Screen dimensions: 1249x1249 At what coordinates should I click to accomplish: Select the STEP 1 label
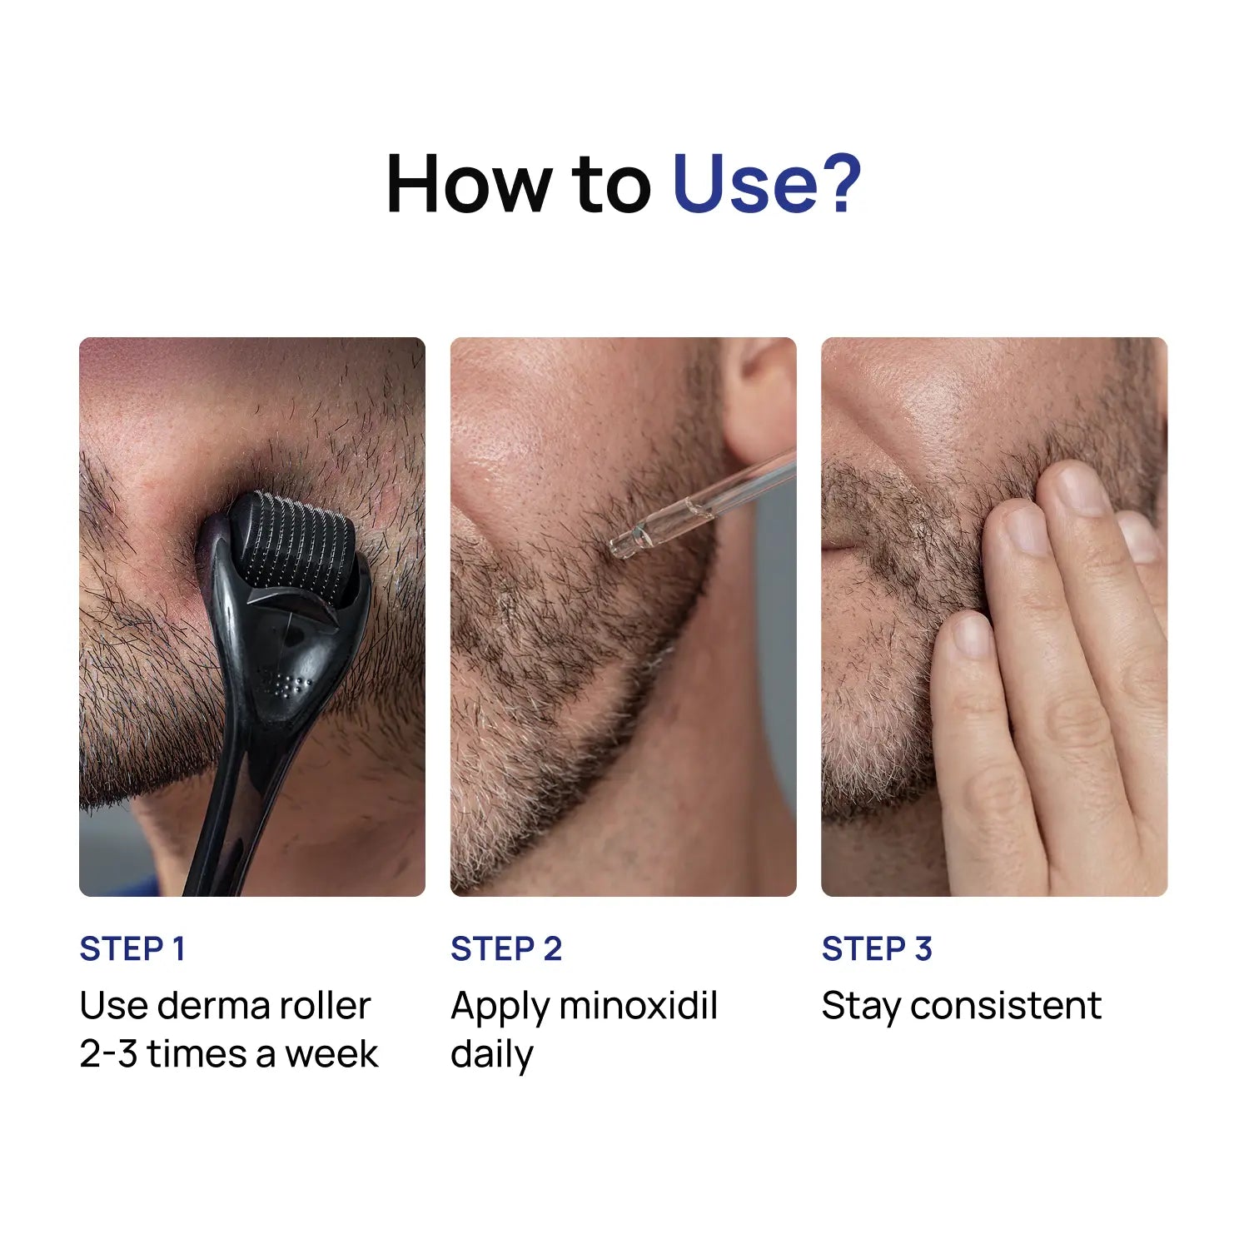132,949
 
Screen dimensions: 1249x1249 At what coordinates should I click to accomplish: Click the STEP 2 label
505,949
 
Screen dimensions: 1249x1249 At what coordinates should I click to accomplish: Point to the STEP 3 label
876,949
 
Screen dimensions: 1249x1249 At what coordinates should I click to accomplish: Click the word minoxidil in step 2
638,1006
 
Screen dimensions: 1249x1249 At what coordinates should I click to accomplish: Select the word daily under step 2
491,1055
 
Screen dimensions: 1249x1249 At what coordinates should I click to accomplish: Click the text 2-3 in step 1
108,1054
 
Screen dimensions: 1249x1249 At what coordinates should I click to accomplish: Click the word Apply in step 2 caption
498,1006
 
